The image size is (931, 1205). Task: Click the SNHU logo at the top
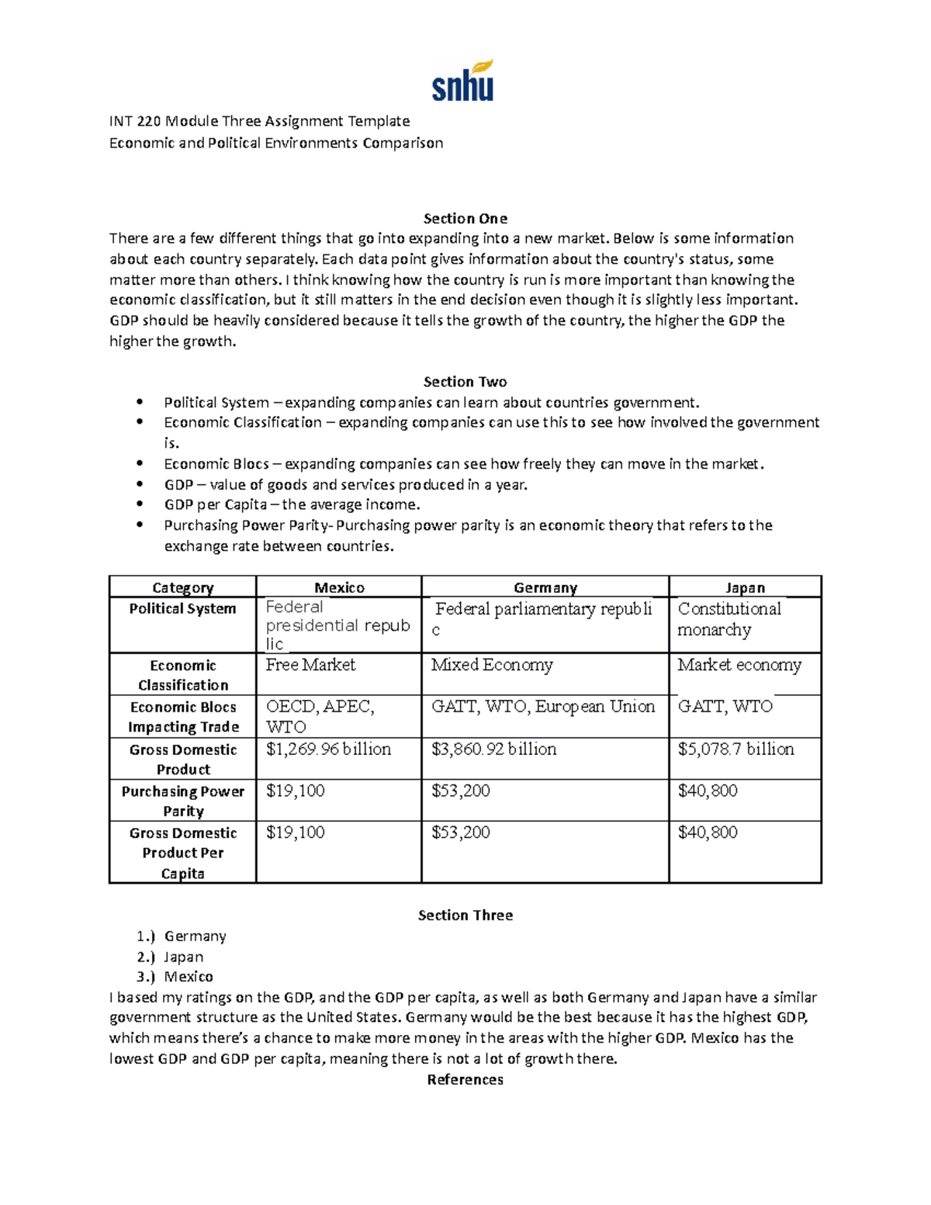tap(463, 81)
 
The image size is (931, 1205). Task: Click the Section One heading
tap(465, 218)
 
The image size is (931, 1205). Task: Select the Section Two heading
tap(465, 382)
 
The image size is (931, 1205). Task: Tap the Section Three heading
tap(465, 916)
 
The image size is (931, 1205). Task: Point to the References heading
tap(465, 1079)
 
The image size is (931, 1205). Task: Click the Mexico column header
tap(339, 587)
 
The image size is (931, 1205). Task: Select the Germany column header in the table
tap(545, 587)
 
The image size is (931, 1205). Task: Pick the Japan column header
tap(745, 587)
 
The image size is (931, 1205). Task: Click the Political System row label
tap(182, 608)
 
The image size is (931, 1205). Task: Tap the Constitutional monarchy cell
tap(729, 619)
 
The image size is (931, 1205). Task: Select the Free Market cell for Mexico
tap(310, 665)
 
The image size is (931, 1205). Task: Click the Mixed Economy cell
tap(492, 665)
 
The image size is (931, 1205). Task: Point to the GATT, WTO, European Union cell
tap(543, 707)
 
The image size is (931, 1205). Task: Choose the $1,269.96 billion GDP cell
tap(328, 750)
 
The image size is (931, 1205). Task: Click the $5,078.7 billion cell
tap(735, 750)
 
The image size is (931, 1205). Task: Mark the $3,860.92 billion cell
tap(493, 750)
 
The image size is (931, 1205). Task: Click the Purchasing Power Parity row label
tap(182, 801)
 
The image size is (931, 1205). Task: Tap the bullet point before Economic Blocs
tap(140, 464)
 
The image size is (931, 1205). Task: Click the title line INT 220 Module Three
tap(259, 121)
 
